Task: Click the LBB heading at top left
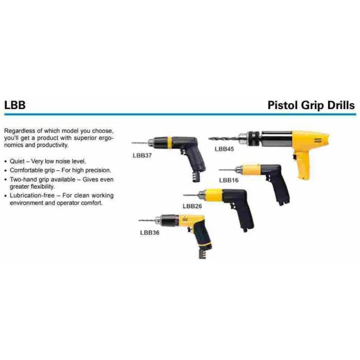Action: tap(15, 105)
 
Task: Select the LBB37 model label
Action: tap(142, 155)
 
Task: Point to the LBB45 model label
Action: tap(224, 149)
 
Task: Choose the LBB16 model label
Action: tap(229, 180)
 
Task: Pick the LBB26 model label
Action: tap(192, 206)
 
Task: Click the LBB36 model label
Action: tap(150, 232)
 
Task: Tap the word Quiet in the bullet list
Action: tap(17, 161)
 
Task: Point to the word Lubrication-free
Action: tap(32, 195)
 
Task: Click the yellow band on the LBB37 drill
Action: tap(169, 142)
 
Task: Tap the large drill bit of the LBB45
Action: tap(224, 138)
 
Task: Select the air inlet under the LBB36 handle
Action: tap(202, 254)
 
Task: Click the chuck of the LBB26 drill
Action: tap(201, 195)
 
